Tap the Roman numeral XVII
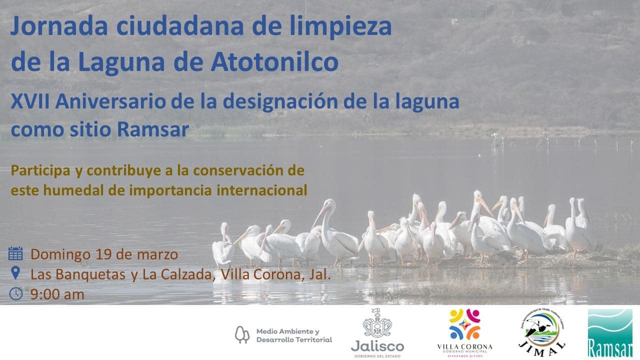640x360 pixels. click(30, 102)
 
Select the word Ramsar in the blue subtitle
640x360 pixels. click(153, 129)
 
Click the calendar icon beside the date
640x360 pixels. click(15, 253)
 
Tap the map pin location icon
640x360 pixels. click(15, 273)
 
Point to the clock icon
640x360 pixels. click(15, 293)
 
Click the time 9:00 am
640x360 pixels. click(57, 294)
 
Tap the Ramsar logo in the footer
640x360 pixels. click(610, 333)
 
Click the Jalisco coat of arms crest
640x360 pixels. click(377, 323)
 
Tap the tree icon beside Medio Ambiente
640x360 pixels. click(242, 335)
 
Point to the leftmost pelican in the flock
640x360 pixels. click(223, 245)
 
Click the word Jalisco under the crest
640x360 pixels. click(377, 346)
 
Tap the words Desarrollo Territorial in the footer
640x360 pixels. click(294, 339)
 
